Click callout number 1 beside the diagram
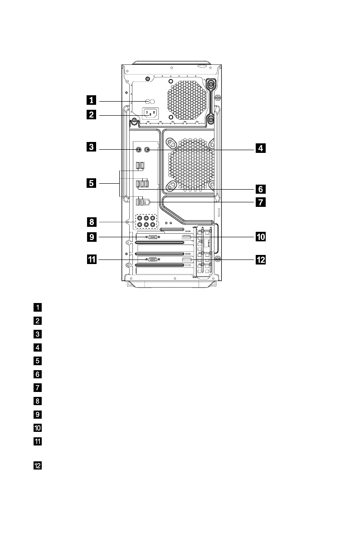tap(92, 101)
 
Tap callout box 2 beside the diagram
tap(92, 115)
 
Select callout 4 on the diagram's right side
tap(260, 148)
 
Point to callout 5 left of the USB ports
tap(92, 183)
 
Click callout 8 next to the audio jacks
tap(92, 222)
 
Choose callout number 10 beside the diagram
tap(260, 236)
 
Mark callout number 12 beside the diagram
tap(260, 259)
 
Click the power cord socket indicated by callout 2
tap(151, 114)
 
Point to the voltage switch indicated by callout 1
tap(150, 101)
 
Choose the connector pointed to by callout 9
tap(153, 237)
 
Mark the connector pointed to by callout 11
tap(153, 259)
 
